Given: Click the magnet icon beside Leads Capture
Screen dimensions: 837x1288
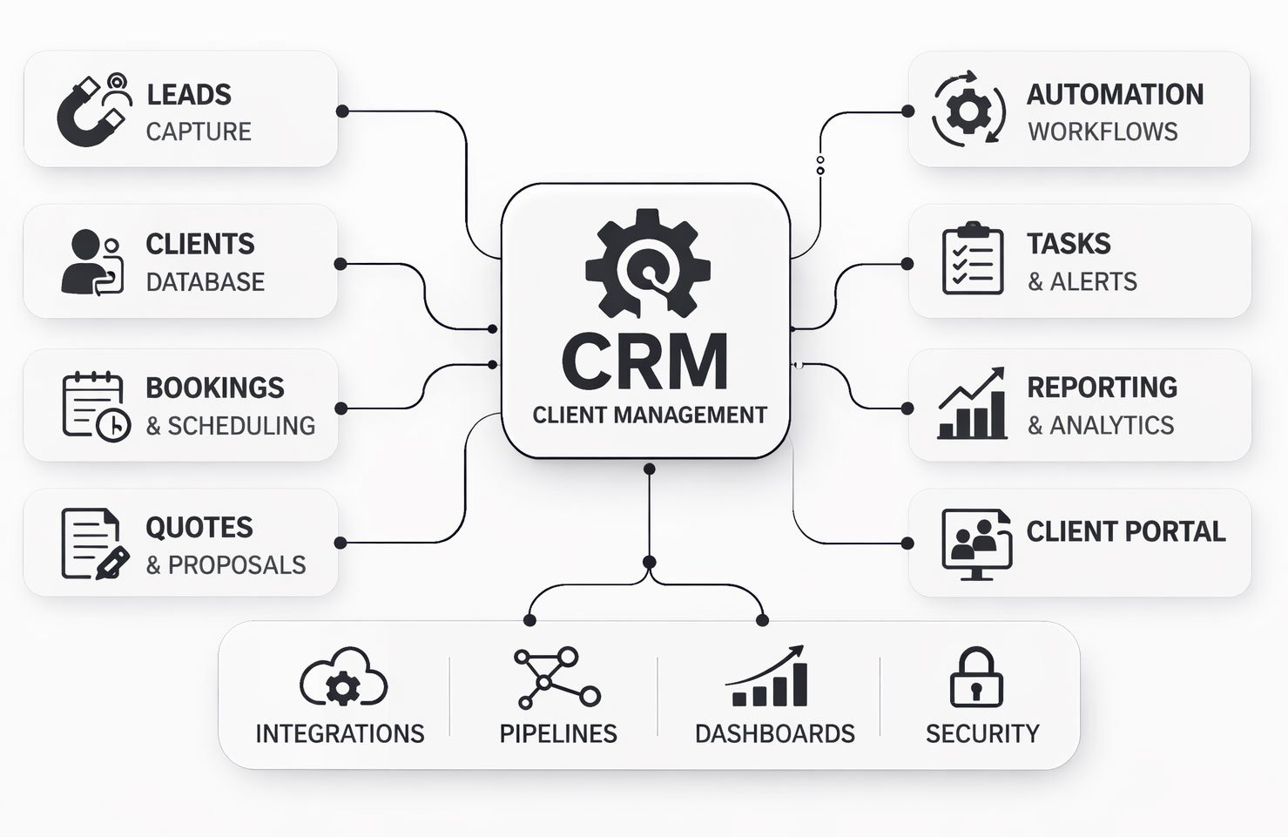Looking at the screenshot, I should point(94,110).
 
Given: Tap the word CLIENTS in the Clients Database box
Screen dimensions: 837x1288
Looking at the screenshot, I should point(199,244).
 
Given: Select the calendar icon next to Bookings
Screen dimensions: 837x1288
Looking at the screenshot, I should point(95,405).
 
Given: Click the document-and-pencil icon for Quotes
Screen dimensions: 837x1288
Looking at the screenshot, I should point(94,543).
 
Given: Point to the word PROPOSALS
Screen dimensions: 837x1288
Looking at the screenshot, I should point(237,565).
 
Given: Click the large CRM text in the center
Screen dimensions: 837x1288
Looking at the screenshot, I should point(645,361).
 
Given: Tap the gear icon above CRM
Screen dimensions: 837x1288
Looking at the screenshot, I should point(648,260).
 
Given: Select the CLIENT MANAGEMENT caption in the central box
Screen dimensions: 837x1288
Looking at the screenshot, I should point(650,415).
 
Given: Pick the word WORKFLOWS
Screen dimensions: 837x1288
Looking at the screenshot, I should point(1103,132).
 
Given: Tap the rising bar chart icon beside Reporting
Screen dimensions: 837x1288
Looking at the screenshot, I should point(972,404).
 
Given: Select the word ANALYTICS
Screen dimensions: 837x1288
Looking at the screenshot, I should point(1111,425).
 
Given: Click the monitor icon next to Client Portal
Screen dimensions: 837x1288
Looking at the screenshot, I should point(976,543).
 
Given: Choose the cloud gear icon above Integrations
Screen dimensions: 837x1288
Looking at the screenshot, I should point(343,678).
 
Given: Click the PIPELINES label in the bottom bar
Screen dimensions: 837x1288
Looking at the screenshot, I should point(558,733).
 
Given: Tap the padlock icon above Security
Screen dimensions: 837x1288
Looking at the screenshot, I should point(975,678).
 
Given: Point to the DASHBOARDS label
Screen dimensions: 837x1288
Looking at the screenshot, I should point(774,733).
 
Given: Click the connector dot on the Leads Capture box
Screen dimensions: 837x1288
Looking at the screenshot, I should point(342,111).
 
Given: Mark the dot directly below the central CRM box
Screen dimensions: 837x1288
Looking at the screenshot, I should point(649,469).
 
